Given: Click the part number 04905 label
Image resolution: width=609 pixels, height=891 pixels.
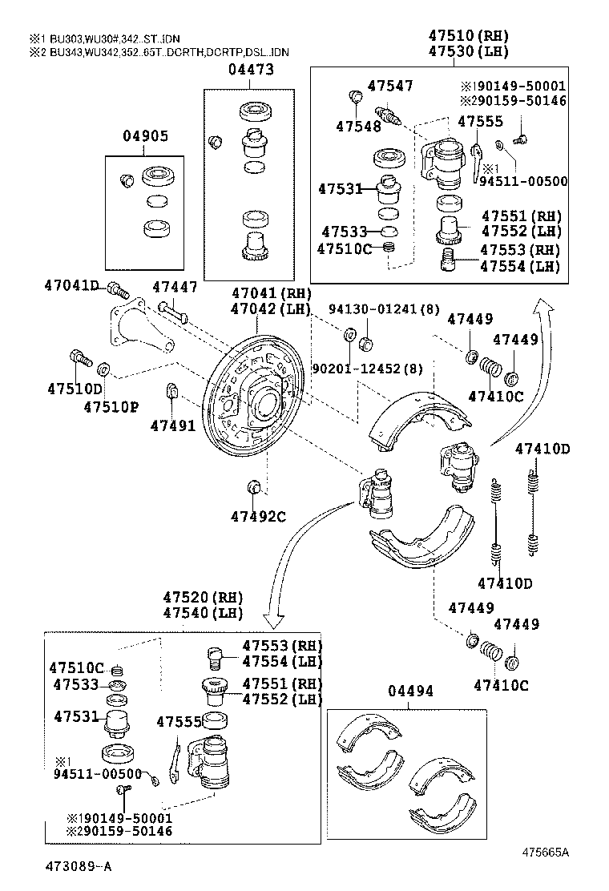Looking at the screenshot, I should click(x=145, y=136).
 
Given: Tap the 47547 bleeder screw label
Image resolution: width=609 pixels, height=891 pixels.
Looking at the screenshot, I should click(x=390, y=86).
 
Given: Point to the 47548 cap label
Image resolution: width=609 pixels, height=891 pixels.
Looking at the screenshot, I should click(x=358, y=126).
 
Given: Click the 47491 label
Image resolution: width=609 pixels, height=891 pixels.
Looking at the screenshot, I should click(x=172, y=425).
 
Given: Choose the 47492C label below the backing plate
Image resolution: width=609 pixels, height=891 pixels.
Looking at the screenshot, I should click(x=258, y=516).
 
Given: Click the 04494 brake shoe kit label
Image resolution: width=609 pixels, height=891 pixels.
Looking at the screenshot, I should click(x=410, y=691).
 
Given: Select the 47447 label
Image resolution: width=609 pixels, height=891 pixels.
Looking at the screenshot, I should click(x=175, y=286).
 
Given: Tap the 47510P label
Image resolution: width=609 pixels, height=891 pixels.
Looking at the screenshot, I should click(x=111, y=406).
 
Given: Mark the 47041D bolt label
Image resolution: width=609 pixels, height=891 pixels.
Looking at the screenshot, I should click(x=71, y=286).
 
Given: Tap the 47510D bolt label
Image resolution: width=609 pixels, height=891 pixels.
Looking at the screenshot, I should click(x=75, y=389).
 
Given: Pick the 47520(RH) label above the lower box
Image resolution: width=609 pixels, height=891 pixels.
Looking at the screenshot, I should click(x=203, y=597).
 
